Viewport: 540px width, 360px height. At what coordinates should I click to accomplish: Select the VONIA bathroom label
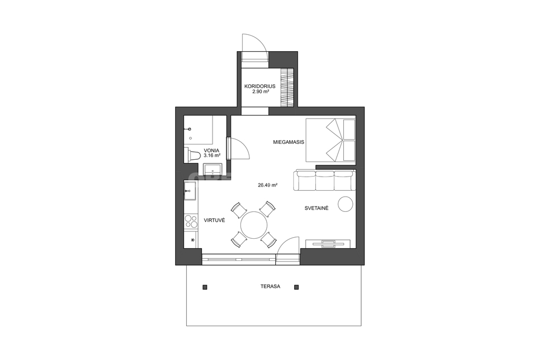[x=211, y=150]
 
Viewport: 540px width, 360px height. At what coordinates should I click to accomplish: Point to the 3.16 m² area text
[x=212, y=155]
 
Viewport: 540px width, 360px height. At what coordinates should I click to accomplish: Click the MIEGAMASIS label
[x=288, y=142]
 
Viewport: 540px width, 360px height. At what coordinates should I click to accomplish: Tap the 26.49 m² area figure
[x=267, y=185]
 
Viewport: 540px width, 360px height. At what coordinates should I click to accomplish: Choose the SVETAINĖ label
[x=316, y=208]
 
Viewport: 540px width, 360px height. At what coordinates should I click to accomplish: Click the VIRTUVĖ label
[x=214, y=220]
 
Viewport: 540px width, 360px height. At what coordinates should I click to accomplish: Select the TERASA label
[x=271, y=286]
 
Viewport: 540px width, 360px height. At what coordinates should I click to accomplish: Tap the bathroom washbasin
[x=213, y=169]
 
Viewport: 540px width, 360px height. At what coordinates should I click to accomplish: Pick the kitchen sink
[x=190, y=191]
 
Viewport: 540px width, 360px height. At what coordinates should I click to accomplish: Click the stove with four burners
[x=191, y=221]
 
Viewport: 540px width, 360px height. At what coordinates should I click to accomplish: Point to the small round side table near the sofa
[x=345, y=204]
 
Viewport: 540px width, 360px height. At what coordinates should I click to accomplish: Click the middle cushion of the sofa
[x=325, y=180]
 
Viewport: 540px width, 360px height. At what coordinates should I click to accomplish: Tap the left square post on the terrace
[x=205, y=287]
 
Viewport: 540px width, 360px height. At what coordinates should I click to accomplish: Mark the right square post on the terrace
[x=296, y=287]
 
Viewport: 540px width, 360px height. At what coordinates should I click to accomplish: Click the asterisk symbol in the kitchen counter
[x=192, y=240]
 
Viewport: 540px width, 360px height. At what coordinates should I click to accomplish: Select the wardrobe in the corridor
[x=287, y=88]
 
